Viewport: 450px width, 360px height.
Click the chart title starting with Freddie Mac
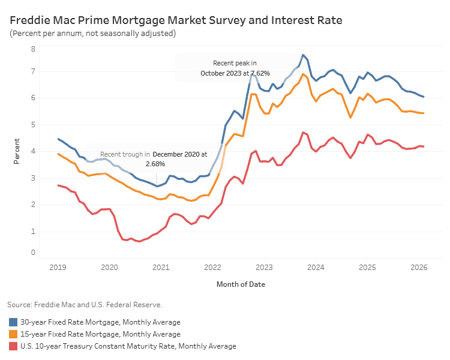click(176, 20)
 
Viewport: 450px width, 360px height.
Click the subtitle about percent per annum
click(93, 34)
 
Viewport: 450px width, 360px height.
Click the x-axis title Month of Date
click(241, 284)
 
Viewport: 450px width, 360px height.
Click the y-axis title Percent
click(17, 151)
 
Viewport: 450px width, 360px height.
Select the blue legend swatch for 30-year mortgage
click(13, 322)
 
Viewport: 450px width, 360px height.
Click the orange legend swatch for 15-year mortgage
click(13, 334)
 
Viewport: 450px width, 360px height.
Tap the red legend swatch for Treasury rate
click(13, 346)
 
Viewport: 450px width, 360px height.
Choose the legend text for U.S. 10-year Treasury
click(128, 346)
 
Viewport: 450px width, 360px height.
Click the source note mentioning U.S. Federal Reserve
click(85, 305)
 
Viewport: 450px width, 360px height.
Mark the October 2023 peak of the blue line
click(303, 55)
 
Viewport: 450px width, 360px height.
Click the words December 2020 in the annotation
click(176, 154)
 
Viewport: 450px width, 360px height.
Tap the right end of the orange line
click(424, 113)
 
